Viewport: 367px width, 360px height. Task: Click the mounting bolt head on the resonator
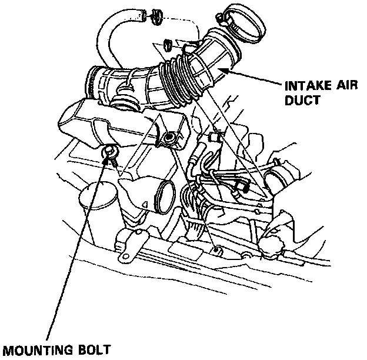pos(109,154)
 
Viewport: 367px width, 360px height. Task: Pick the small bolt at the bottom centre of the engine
pos(217,249)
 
